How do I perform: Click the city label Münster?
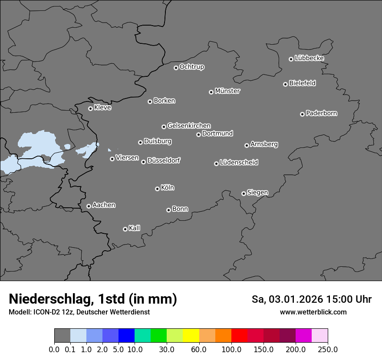click(x=227, y=91)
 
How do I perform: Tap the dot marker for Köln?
click(x=157, y=189)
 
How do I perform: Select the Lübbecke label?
click(x=309, y=58)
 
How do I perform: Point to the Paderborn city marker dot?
click(x=302, y=114)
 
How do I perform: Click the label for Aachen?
click(x=104, y=205)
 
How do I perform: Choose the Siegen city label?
click(x=257, y=193)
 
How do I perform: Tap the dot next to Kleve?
click(x=90, y=108)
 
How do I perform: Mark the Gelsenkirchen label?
click(x=189, y=126)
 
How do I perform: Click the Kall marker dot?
click(x=125, y=229)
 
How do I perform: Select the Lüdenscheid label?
click(x=239, y=163)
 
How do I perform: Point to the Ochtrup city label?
click(x=192, y=67)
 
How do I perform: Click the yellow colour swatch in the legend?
click(x=191, y=336)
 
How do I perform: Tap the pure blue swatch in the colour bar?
click(x=126, y=336)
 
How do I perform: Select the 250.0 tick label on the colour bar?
click(x=328, y=349)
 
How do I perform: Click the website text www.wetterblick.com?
click(x=313, y=312)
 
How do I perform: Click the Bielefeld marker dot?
click(x=285, y=84)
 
